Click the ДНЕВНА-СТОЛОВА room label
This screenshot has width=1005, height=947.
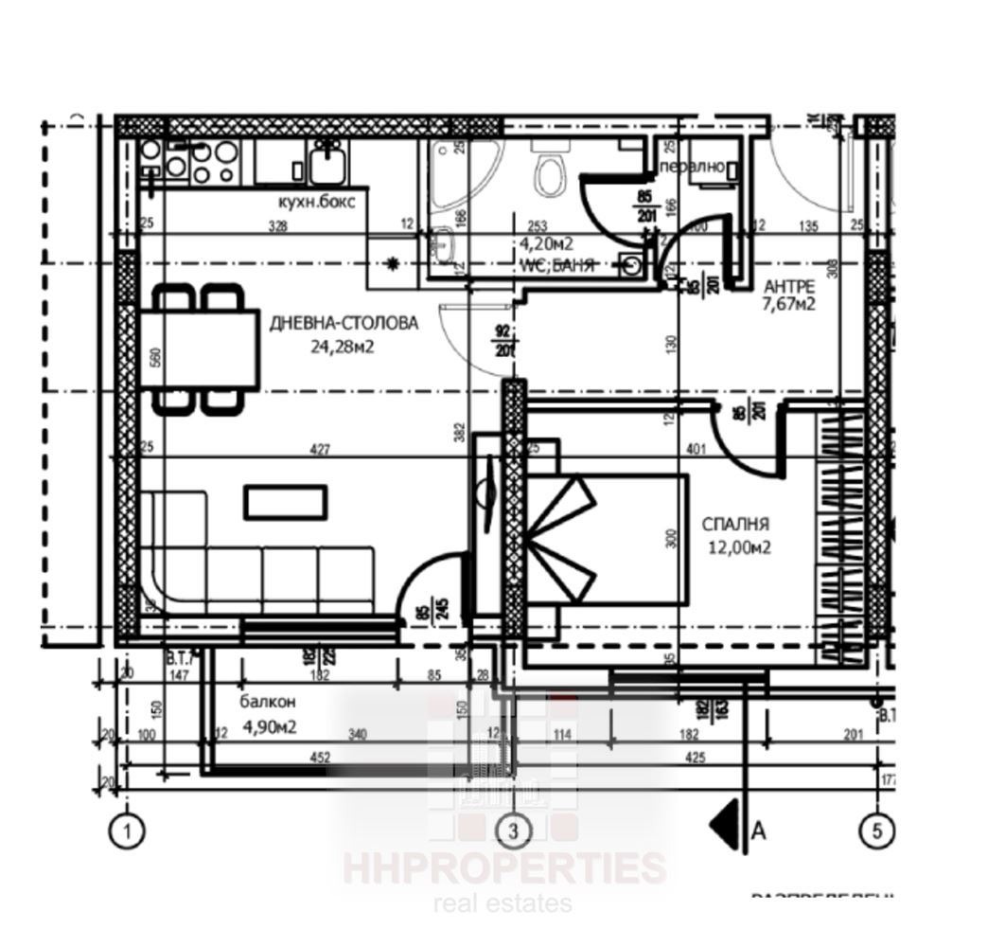coord(343,323)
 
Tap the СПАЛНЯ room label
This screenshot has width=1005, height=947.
coord(734,523)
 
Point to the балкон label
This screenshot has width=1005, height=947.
coord(268,703)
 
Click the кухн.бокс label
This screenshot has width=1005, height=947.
coord(316,202)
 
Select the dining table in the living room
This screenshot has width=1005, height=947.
coord(199,349)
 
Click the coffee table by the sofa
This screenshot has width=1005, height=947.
coord(286,501)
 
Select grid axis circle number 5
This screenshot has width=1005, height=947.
coord(876,831)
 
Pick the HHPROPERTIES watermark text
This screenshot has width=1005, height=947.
coord(503,867)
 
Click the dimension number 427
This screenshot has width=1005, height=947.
coord(320,450)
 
